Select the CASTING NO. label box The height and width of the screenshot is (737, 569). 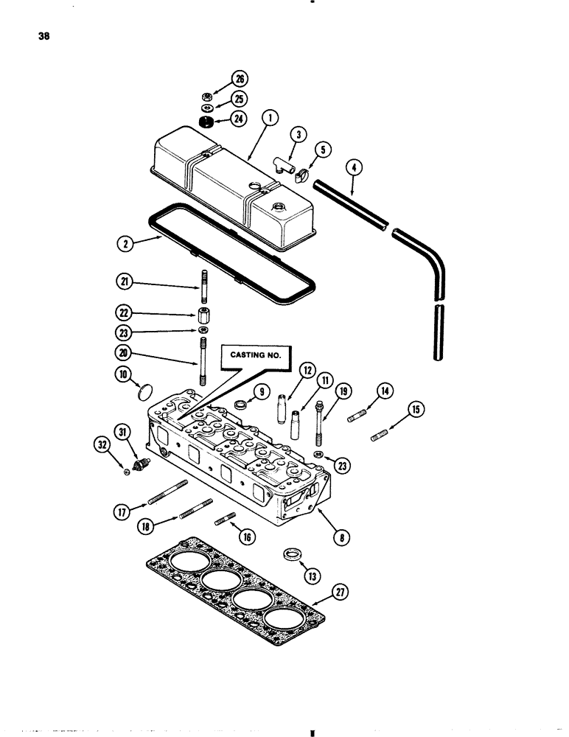coord(256,355)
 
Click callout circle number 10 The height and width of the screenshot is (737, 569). coord(123,376)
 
